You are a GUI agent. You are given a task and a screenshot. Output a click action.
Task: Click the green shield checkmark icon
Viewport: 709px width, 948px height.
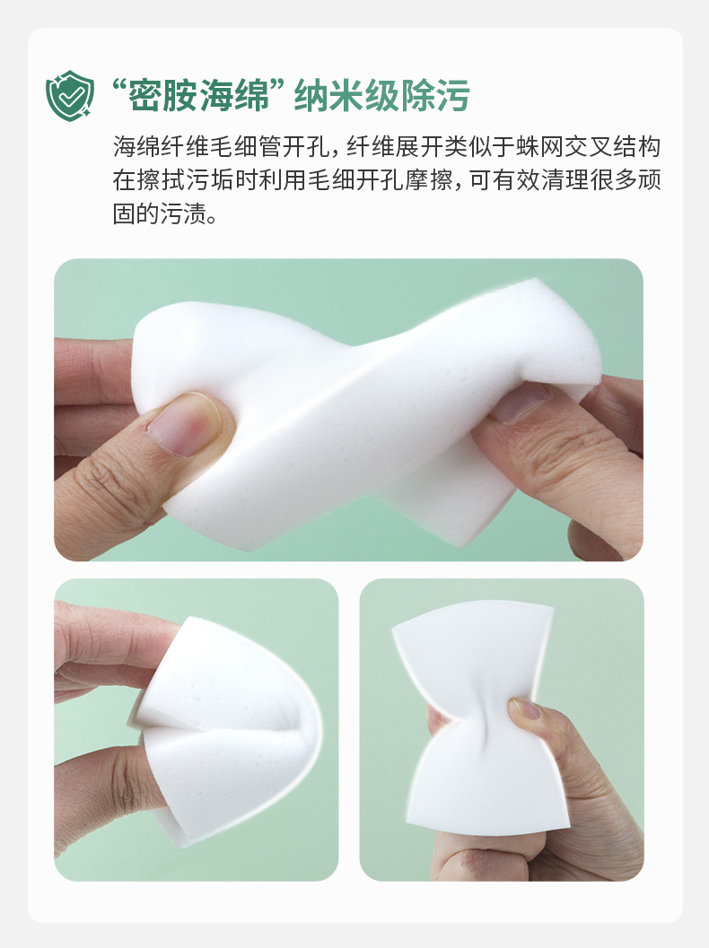point(70,96)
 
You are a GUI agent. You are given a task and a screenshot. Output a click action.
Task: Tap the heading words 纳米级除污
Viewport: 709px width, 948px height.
point(381,96)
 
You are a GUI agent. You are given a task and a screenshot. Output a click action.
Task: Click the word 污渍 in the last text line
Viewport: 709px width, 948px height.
point(184,213)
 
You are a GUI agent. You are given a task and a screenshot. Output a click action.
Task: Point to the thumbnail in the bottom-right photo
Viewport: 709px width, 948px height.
point(525,709)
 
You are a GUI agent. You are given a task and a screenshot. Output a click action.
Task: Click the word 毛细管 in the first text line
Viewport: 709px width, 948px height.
point(245,147)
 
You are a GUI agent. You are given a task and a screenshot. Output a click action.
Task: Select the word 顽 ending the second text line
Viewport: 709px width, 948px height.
point(649,180)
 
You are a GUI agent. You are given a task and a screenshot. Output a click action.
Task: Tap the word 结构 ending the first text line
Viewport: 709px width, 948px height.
point(637,147)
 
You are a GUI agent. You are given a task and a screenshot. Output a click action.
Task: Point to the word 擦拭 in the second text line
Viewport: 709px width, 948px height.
point(161,180)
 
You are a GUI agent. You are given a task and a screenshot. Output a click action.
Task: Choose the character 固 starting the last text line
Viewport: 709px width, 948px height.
point(124,213)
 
